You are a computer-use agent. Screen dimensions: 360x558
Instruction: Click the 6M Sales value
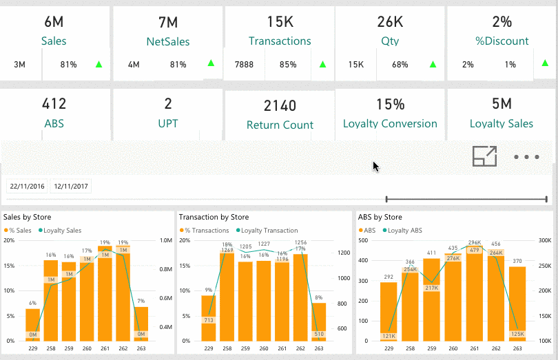[54, 21]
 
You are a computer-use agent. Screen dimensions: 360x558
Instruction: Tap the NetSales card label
[168, 41]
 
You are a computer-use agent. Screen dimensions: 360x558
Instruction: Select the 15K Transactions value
[280, 21]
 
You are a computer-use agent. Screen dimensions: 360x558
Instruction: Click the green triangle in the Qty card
[433, 65]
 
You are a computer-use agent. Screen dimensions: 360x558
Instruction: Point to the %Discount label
[502, 41]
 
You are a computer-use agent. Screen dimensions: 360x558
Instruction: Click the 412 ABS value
[54, 104]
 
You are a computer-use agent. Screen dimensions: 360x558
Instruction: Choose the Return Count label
[280, 125]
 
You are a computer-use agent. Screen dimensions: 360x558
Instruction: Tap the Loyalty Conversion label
[390, 124]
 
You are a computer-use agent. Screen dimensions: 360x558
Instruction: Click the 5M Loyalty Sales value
[502, 104]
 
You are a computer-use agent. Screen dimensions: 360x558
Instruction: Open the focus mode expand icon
[485, 157]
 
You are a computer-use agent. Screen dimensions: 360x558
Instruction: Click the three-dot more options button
[526, 157]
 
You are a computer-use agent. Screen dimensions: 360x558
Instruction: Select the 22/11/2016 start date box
[27, 186]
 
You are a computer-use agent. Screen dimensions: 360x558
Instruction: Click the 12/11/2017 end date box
[72, 186]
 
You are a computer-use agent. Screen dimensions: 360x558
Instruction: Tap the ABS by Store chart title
[380, 217]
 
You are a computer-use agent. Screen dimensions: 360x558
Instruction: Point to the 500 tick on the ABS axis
[365, 240]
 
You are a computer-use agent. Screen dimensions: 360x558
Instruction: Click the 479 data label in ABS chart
[475, 250]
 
